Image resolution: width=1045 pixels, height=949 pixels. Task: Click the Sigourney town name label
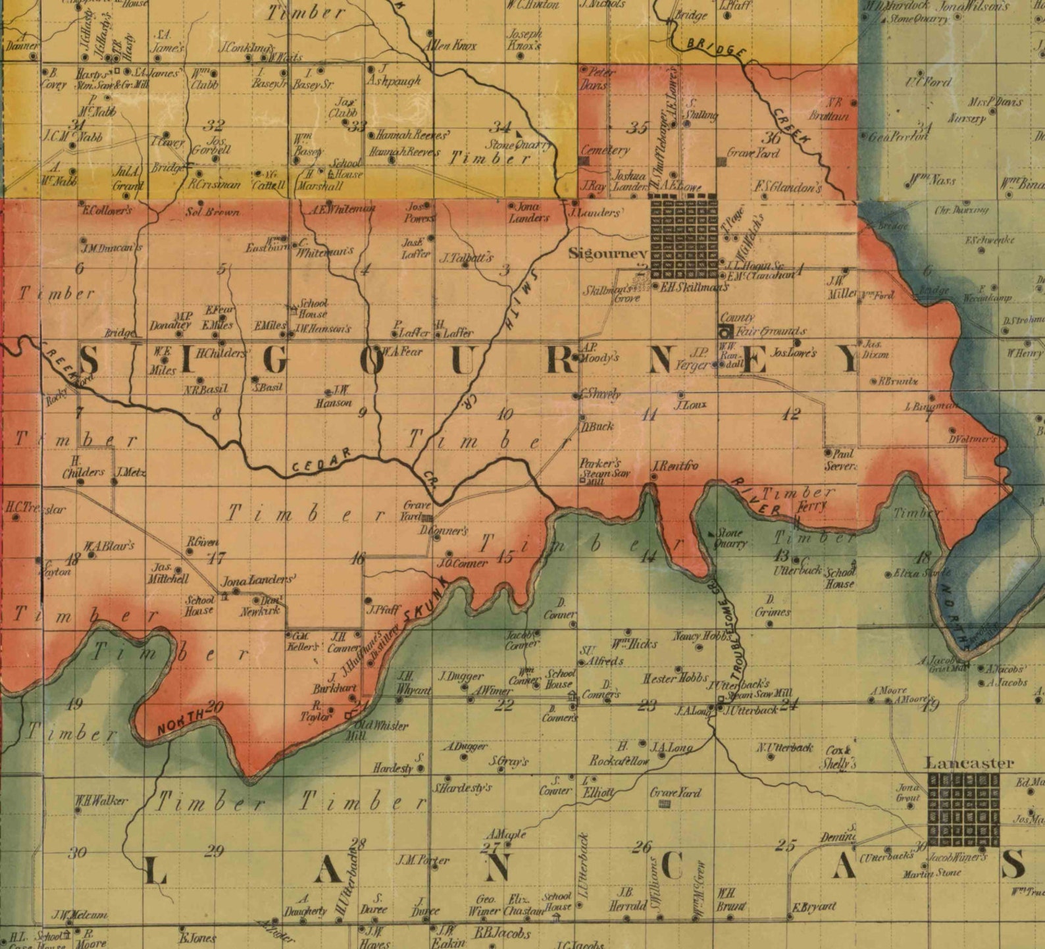point(607,253)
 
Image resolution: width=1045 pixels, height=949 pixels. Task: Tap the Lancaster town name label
point(969,763)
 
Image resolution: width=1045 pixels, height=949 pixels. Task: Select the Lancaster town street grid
point(963,809)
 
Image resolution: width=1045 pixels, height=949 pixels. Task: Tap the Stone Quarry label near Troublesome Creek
point(730,538)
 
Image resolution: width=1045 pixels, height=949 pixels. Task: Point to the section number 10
point(505,414)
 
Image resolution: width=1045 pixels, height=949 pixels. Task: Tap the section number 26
point(642,846)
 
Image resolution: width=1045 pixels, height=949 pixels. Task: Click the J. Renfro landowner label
point(675,466)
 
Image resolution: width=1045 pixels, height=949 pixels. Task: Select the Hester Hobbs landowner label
point(675,678)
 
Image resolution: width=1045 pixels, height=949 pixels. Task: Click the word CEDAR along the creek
point(320,462)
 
